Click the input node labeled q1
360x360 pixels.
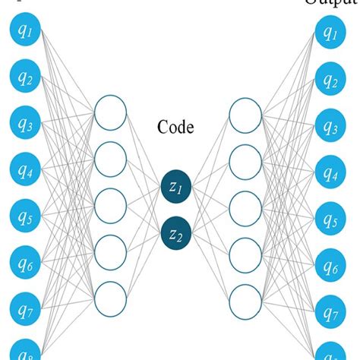coord(24,32)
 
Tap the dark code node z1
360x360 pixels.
coord(175,187)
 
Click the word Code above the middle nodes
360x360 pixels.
coord(176,127)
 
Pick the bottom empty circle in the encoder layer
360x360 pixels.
coord(109,296)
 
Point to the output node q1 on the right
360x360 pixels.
coord(329,32)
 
